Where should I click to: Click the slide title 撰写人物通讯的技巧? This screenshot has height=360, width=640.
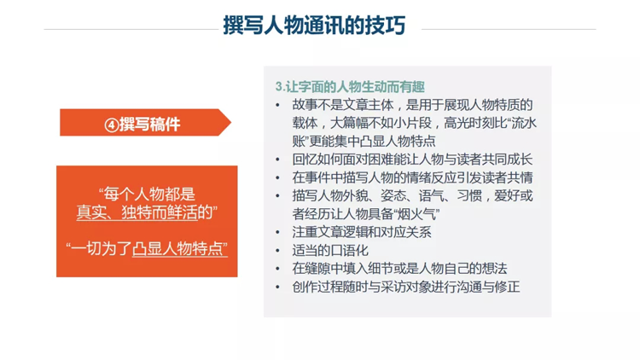click(x=314, y=26)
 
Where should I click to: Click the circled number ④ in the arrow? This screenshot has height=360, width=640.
click(x=112, y=125)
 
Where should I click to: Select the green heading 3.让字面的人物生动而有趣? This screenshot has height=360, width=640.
click(x=350, y=86)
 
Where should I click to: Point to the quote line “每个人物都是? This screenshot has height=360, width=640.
click(x=147, y=194)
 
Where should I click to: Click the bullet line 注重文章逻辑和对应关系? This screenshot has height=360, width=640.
click(x=362, y=232)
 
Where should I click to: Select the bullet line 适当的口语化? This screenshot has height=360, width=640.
click(x=330, y=250)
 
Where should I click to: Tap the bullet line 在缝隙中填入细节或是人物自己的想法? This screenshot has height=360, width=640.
click(x=399, y=268)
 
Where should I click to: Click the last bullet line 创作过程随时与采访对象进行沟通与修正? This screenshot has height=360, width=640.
click(x=406, y=287)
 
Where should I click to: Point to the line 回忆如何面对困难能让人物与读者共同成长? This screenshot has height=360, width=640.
click(x=412, y=160)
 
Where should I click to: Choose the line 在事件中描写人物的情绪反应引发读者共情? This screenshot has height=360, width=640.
click(x=412, y=177)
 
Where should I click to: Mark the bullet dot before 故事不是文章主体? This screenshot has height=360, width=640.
click(x=277, y=106)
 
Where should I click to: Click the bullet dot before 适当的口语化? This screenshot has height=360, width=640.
click(x=277, y=251)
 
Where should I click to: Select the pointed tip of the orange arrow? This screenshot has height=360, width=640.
click(x=231, y=123)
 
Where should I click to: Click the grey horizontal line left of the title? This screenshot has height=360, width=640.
click(x=131, y=29)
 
